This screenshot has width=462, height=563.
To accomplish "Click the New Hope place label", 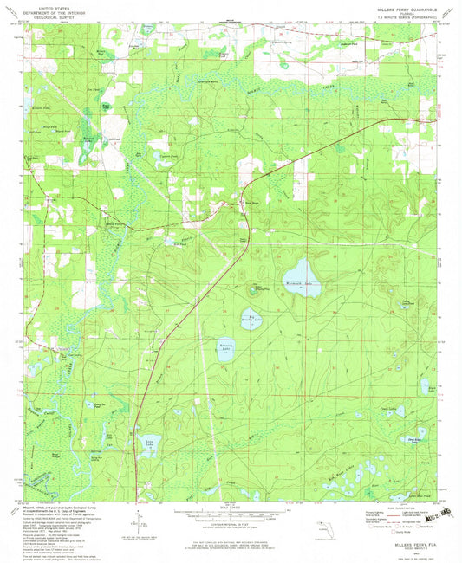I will tap(254, 204).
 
